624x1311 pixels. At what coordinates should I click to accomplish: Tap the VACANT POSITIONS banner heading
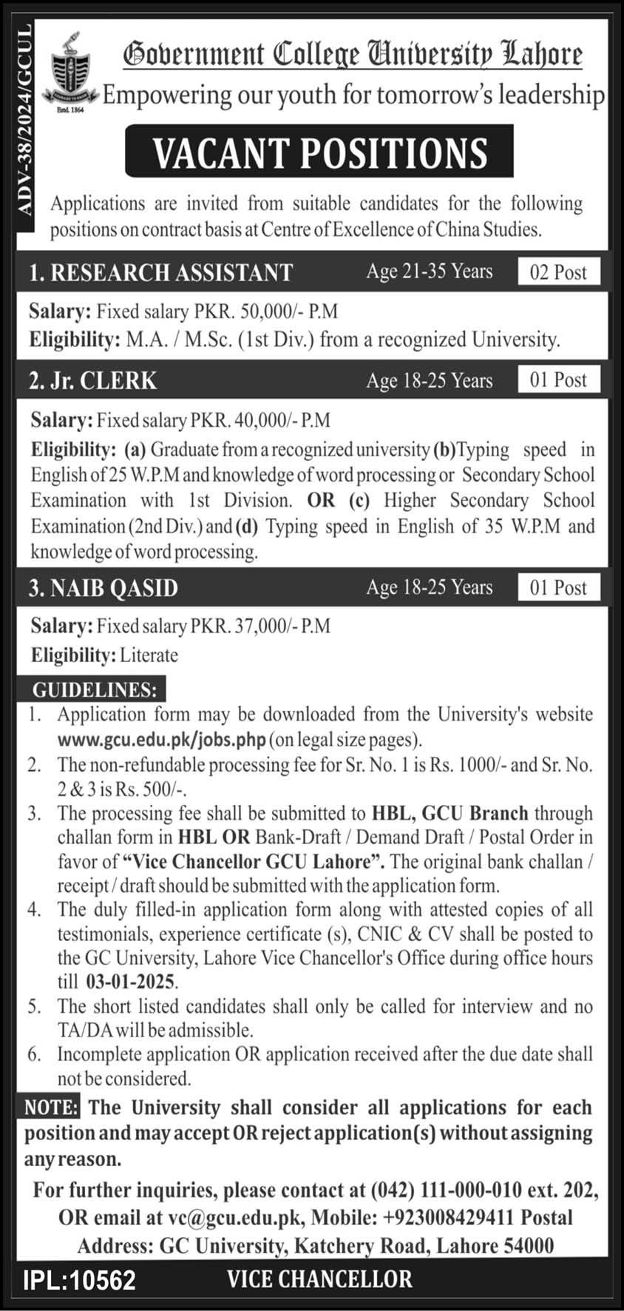click(x=319, y=152)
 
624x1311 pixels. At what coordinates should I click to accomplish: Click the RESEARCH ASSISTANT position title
click(x=161, y=272)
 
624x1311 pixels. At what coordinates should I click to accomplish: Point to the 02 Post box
click(x=558, y=272)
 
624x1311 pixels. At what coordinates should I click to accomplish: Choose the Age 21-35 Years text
click(x=429, y=272)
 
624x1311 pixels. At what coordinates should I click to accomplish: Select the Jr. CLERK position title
click(x=93, y=380)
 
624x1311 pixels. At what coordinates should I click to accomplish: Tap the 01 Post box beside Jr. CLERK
click(x=558, y=380)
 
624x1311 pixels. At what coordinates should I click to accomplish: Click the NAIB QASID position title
click(x=104, y=588)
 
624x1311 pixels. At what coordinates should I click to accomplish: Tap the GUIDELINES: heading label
click(x=95, y=690)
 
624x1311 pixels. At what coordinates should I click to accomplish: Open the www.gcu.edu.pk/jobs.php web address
click(x=162, y=739)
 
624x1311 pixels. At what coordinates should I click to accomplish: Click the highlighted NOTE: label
click(x=51, y=1108)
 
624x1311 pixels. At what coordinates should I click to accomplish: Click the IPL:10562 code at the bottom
click(x=79, y=1280)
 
